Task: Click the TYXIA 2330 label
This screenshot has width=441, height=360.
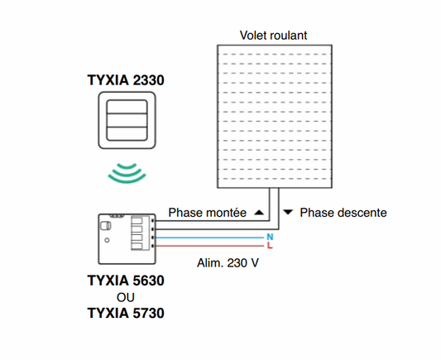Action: pyautogui.click(x=126, y=80)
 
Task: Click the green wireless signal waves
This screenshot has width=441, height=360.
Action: pyautogui.click(x=126, y=173)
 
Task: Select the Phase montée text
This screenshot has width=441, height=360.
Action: pyautogui.click(x=208, y=214)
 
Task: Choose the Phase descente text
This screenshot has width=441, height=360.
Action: pyautogui.click(x=343, y=214)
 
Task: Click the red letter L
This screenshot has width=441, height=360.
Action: pyautogui.click(x=270, y=247)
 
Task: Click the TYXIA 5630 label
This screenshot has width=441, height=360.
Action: pyautogui.click(x=126, y=281)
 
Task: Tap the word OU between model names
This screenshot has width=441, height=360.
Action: pyautogui.click(x=126, y=296)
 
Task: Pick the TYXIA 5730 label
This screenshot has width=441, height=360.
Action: pyautogui.click(x=126, y=313)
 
